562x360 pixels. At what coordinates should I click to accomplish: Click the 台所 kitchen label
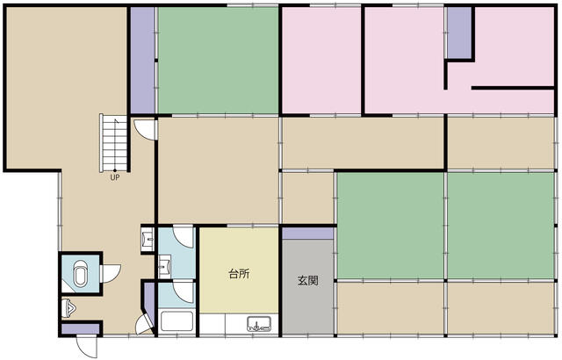[239, 274]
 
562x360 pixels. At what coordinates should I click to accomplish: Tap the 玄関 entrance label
[308, 280]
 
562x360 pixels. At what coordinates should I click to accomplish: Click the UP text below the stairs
[115, 177]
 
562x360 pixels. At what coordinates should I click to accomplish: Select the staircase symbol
[113, 143]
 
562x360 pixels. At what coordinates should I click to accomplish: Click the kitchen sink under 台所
[259, 324]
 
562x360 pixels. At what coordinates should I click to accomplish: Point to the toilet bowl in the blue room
[80, 273]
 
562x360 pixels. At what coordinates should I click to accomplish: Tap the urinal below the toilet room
[68, 308]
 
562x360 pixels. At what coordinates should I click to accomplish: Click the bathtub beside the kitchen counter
[177, 321]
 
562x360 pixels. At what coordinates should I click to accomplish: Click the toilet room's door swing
[112, 274]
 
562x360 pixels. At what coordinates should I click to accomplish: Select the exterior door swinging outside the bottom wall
[87, 347]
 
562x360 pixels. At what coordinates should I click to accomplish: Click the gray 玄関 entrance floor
[308, 286]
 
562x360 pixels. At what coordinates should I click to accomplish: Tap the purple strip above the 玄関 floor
[308, 234]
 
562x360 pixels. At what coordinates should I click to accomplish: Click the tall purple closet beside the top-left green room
[142, 61]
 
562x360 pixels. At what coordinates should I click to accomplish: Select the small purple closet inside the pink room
[459, 32]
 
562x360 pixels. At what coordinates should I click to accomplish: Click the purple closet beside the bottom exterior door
[80, 329]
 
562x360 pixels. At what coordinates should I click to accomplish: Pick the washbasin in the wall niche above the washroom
[148, 239]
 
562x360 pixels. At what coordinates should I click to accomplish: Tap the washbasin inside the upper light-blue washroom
[165, 266]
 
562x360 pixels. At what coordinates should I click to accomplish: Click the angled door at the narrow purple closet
[144, 325]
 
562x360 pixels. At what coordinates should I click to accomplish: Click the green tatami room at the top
[219, 61]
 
